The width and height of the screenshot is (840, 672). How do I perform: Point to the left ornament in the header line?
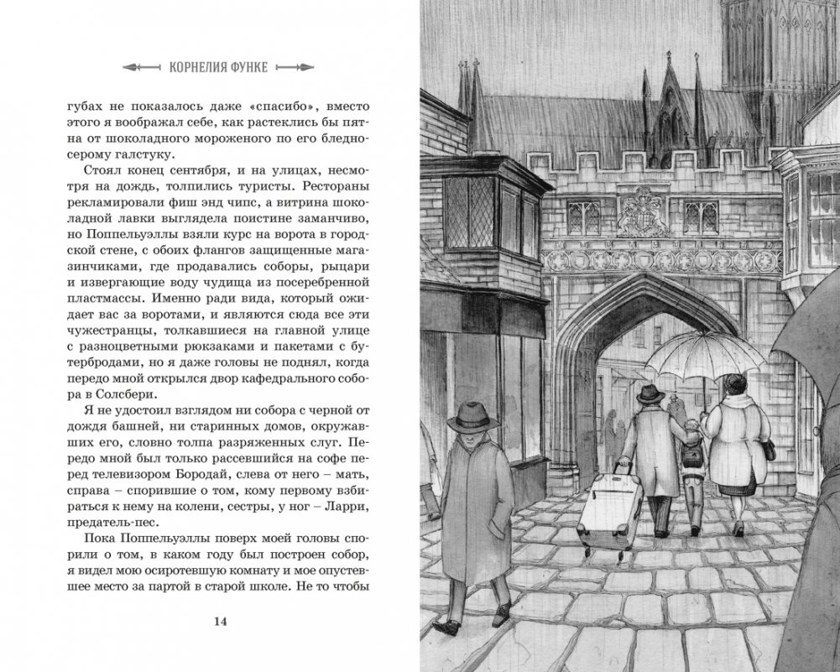[138, 65]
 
